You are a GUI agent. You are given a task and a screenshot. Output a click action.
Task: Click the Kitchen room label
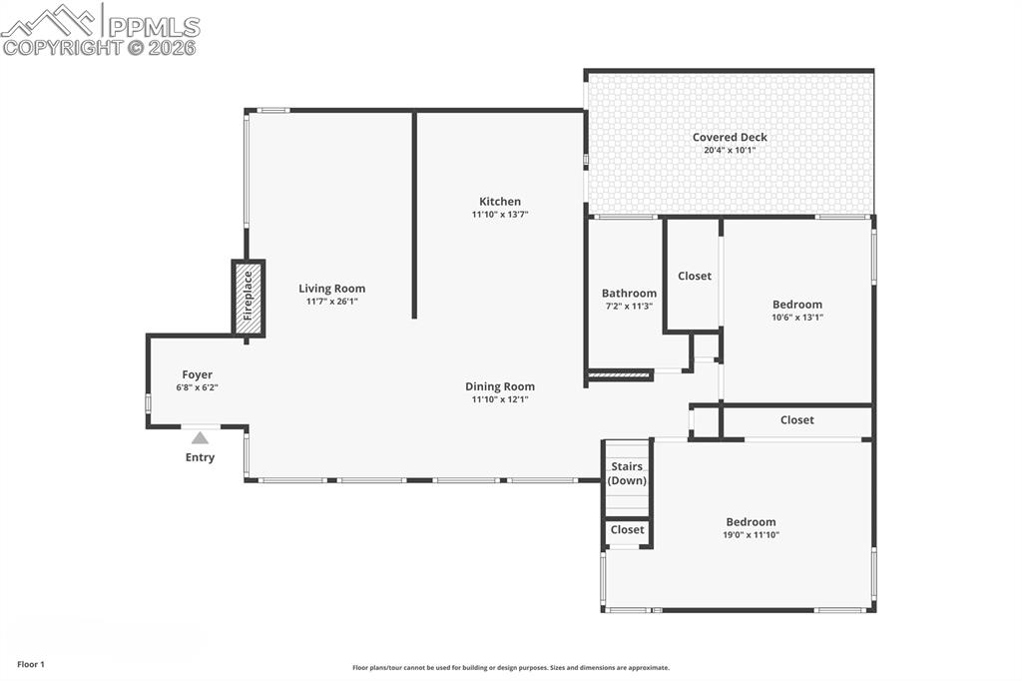pos(499,201)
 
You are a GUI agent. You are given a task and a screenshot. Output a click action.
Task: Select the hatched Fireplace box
pos(249,299)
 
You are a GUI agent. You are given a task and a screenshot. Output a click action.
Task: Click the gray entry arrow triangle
pos(200,437)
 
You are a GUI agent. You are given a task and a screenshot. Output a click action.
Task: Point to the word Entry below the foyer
pos(200,457)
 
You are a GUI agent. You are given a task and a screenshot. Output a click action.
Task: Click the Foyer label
pos(197,374)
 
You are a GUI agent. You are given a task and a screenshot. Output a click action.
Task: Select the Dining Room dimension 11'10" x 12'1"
pos(499,399)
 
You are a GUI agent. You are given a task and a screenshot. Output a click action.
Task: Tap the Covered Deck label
pos(730,137)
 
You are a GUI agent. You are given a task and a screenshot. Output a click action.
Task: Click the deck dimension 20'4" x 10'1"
pos(730,150)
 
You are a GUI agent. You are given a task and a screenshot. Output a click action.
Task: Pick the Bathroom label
pos(629,294)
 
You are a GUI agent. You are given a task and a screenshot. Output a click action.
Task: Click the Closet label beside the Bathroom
pos(695,276)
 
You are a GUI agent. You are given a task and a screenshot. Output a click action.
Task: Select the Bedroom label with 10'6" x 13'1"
pos(797,305)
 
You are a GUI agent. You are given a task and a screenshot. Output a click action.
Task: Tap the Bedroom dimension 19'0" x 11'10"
pos(751,535)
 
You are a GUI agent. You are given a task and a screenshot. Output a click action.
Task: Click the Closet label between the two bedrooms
pos(796,420)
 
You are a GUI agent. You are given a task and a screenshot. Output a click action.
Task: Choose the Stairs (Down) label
pos(627,473)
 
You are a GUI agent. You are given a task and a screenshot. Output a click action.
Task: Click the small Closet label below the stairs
pos(628,530)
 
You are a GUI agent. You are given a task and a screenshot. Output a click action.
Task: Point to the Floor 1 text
pos(30,664)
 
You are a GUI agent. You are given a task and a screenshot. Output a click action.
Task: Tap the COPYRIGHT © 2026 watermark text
pos(100,46)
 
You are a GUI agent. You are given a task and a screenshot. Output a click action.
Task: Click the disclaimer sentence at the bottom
pos(511,668)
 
